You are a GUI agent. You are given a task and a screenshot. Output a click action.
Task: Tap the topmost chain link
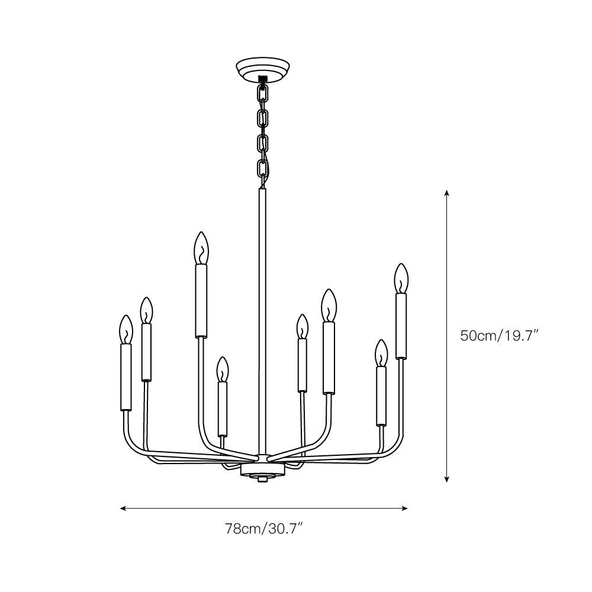[263, 94]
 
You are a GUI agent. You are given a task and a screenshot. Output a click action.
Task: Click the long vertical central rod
[262, 320]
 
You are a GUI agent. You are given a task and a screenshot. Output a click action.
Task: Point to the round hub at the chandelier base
[262, 470]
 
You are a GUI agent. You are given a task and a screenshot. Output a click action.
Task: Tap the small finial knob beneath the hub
[262, 480]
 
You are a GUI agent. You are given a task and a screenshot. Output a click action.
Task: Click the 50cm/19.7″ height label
[499, 336]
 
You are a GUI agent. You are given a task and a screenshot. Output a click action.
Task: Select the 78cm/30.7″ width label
[264, 528]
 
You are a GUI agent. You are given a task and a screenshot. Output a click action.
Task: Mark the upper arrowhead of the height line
[447, 193]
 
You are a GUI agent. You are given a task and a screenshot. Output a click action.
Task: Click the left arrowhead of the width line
[123, 508]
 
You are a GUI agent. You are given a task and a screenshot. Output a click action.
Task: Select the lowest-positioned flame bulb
[222, 369]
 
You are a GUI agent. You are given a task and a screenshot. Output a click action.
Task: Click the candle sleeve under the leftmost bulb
[126, 377]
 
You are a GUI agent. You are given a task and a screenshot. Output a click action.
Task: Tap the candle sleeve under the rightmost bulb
[401, 326]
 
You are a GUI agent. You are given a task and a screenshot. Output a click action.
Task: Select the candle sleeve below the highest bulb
[202, 301]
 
